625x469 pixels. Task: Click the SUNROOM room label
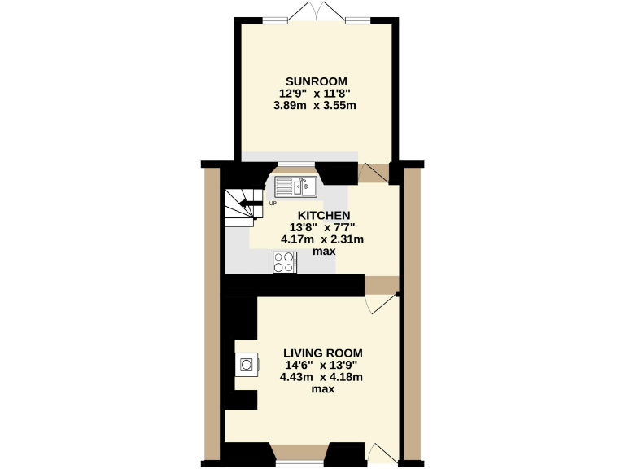[317, 81]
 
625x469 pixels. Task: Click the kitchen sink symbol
[295, 186]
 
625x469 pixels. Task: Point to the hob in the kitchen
[285, 262]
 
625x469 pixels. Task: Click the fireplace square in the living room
[246, 364]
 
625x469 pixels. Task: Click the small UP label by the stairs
[273, 203]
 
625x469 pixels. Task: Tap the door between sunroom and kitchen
[373, 173]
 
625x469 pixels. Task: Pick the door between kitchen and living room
[381, 296]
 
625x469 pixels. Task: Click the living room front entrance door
[381, 454]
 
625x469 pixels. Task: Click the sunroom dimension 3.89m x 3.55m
[317, 105]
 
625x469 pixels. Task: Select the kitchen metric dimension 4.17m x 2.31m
[321, 239]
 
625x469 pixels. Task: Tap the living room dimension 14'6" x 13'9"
[320, 365]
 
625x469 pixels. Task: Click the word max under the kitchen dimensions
[323, 252]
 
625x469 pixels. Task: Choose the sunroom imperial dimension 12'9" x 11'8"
[317, 93]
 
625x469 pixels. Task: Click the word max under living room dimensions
[323, 389]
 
